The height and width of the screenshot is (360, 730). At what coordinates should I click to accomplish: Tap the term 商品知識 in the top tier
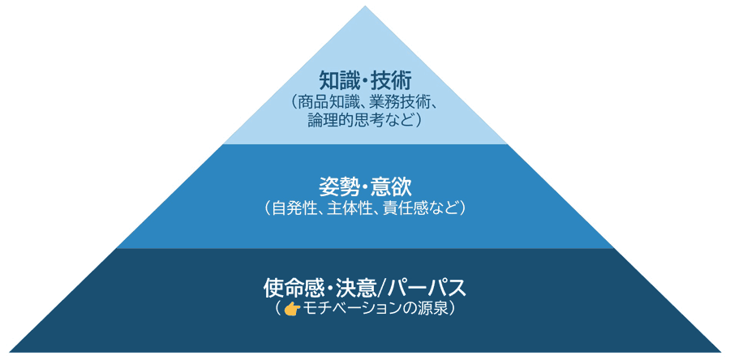tap(326, 102)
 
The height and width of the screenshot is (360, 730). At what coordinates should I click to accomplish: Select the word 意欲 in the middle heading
tap(393, 187)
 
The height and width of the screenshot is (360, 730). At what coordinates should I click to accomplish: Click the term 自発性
tap(292, 208)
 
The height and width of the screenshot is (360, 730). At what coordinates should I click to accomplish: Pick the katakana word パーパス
tap(427, 289)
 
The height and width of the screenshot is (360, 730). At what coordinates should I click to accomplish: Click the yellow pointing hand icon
tap(292, 309)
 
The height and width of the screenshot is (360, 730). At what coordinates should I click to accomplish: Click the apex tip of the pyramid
tap(365, 6)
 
